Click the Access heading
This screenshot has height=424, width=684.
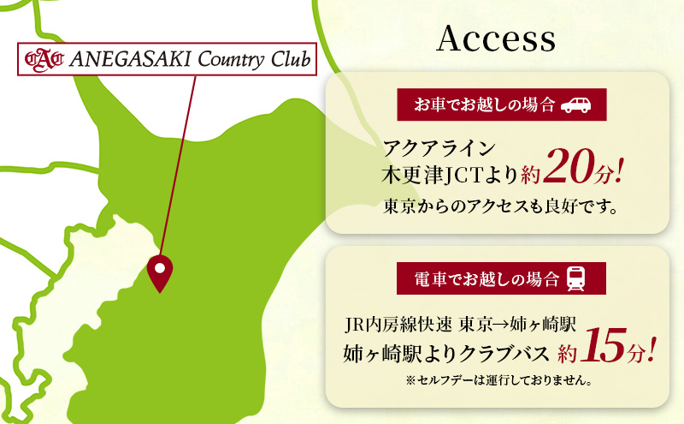[x=496, y=39]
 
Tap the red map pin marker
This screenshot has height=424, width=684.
[x=160, y=272]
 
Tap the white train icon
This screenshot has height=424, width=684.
[x=576, y=278]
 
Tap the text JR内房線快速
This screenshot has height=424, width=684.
[x=397, y=325]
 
